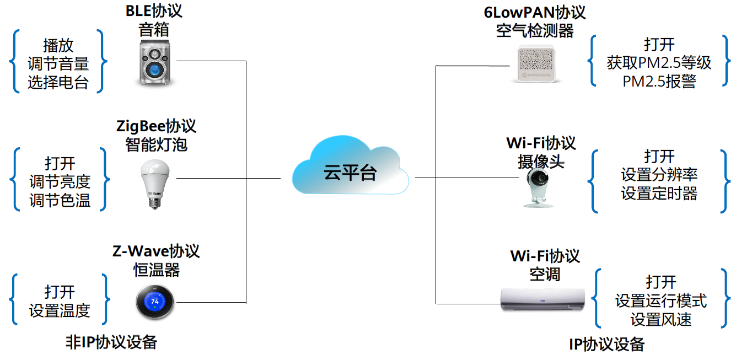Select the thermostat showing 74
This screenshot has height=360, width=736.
(155, 302)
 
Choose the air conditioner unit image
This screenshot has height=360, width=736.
(542, 299)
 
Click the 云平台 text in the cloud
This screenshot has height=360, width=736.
(350, 173)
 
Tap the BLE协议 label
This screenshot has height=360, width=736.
(154, 11)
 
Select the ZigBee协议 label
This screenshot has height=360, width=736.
(156, 126)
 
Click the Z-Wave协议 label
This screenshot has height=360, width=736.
(156, 251)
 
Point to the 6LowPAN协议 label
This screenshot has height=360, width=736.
(534, 12)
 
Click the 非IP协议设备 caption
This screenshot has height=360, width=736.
(111, 342)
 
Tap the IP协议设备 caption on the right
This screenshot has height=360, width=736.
(606, 345)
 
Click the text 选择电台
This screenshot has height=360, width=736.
(58, 82)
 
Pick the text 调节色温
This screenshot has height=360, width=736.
(60, 200)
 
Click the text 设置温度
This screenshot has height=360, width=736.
(60, 310)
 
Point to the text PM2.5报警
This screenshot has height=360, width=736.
(659, 81)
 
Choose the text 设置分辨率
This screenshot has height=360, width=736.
(659, 175)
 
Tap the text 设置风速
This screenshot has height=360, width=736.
(661, 319)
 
